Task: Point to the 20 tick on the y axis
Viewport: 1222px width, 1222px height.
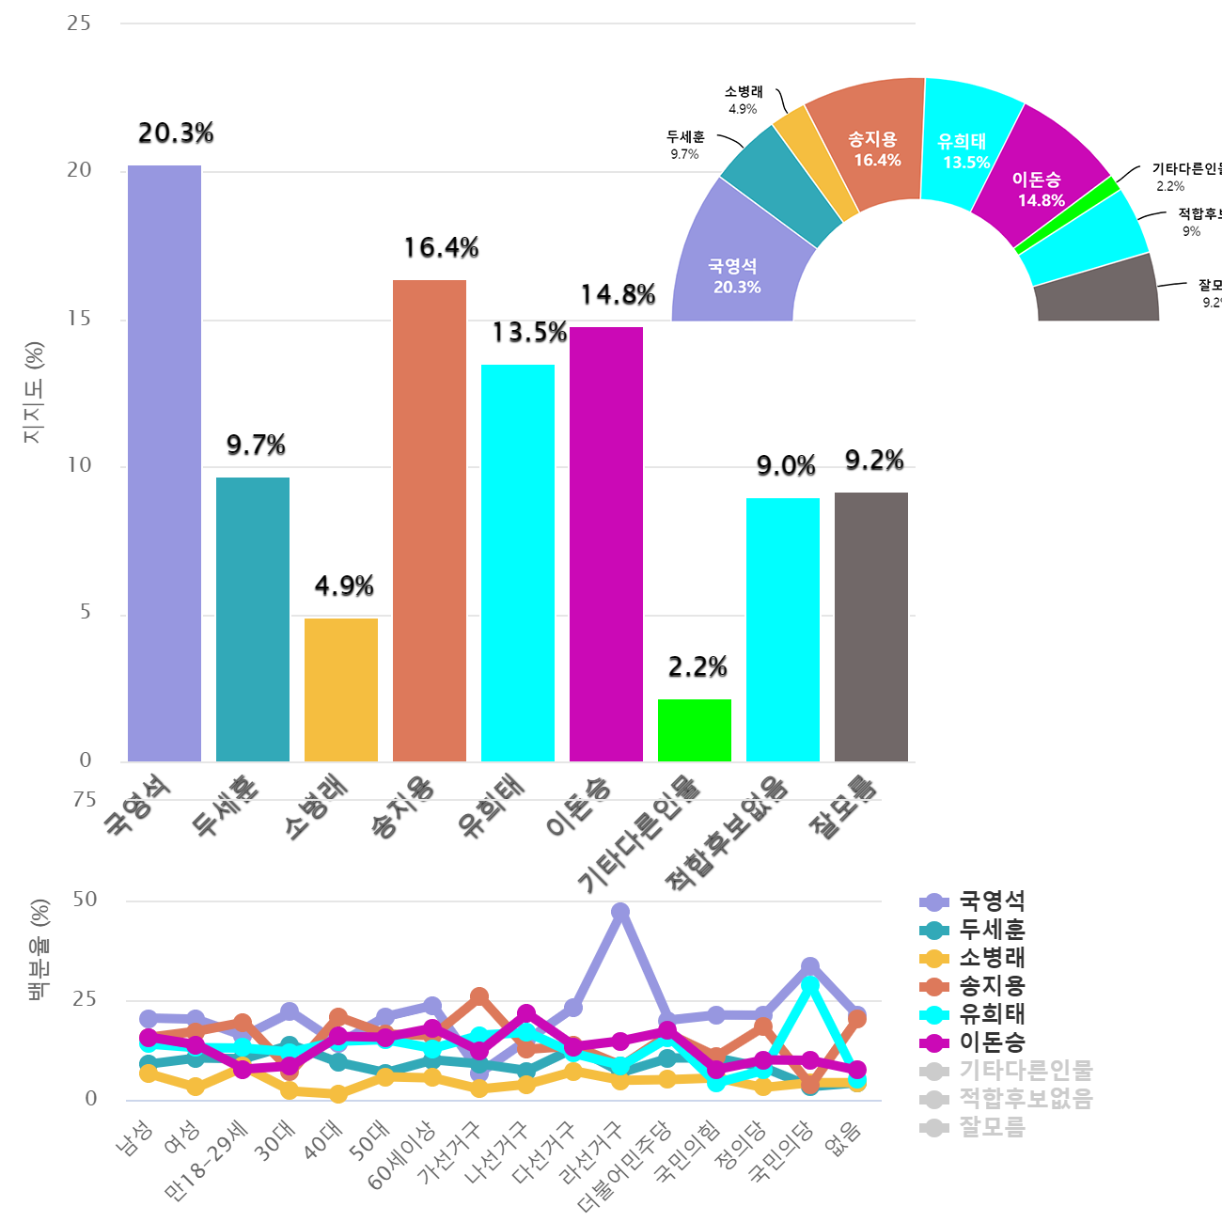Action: coord(80,170)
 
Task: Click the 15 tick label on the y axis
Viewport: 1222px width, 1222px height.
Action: coord(80,319)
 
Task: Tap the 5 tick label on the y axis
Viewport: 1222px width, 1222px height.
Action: coord(86,613)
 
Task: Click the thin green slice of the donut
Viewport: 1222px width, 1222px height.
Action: coord(1068,215)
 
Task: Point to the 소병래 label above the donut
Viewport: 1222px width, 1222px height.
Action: coord(744,92)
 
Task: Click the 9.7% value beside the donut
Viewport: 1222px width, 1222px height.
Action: coord(684,154)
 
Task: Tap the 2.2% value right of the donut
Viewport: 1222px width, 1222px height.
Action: coord(1170,186)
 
